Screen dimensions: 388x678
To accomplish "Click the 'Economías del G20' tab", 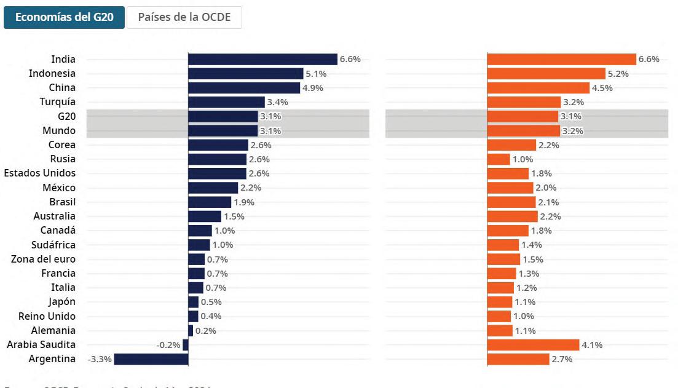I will point(64,17).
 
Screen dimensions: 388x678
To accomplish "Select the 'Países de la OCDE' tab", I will point(184,17).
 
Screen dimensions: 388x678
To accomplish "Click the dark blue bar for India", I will point(262,59).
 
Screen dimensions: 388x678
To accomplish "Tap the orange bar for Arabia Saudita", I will point(533,345).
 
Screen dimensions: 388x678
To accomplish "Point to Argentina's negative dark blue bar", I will point(151,359).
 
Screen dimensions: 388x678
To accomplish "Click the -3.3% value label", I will point(100,359).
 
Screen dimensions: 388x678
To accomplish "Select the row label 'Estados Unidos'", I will point(40,173).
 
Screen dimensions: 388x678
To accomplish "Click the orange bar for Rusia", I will point(499,159).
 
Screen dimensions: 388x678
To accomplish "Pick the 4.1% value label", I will point(592,345).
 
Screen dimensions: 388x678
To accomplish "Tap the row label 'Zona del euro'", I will point(44,259).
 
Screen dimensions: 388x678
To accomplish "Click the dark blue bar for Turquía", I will point(226,102).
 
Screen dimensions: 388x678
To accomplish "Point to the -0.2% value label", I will point(168,345).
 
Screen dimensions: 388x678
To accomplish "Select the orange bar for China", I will point(538,88).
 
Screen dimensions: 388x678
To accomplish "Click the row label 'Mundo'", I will point(59,130).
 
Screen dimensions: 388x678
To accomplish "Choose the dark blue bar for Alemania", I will point(191,331).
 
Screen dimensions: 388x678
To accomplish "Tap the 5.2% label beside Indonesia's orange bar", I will point(618,74).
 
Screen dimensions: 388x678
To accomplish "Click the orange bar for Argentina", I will point(518,359).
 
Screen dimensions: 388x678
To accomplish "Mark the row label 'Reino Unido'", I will point(47,316).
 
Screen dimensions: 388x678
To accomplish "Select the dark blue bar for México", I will point(213,188).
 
